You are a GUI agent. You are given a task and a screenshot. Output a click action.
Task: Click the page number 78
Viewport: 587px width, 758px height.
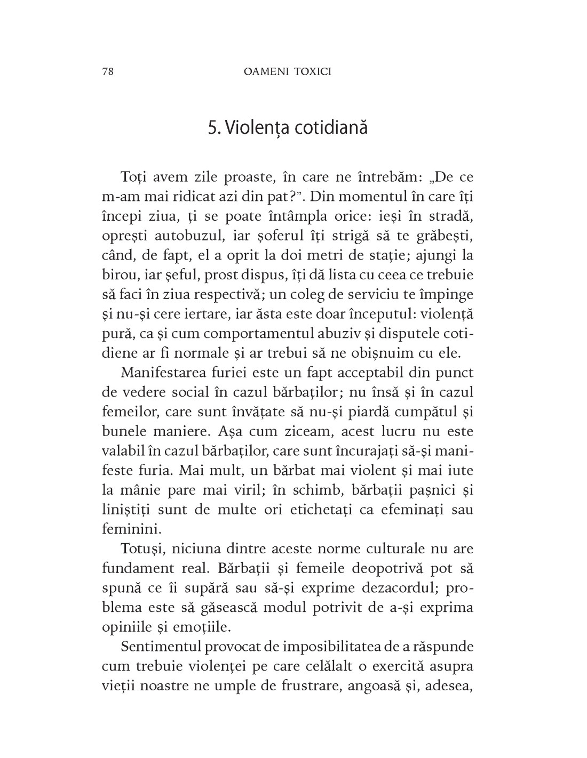pos(106,72)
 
